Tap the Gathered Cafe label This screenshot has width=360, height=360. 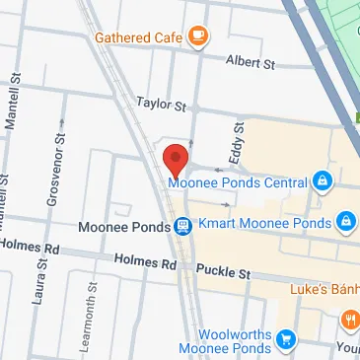pyautogui.click(x=138, y=38)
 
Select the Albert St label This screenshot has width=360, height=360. pyautogui.click(x=250, y=62)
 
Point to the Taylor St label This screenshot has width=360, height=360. pyautogui.click(x=161, y=103)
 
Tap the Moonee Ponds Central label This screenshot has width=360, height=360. pyautogui.click(x=238, y=181)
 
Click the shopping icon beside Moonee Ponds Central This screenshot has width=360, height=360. pyautogui.click(x=322, y=181)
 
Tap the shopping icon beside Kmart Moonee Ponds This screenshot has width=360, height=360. pyautogui.click(x=345, y=222)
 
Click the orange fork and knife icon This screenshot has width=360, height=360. pyautogui.click(x=349, y=320)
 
